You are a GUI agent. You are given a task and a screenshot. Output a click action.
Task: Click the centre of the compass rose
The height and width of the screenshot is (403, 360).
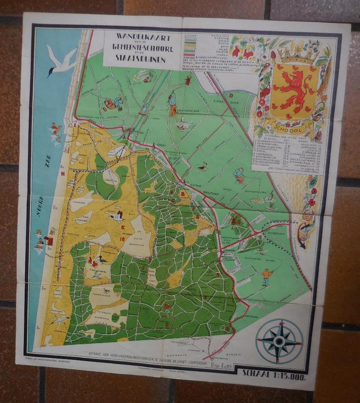pyautogui.click(x=279, y=341)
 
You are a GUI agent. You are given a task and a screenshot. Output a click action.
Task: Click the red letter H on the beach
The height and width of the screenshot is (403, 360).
pyautogui.click(x=63, y=174)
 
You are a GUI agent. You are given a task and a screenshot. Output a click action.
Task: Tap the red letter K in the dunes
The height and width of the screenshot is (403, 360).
pyautogui.click(x=122, y=227)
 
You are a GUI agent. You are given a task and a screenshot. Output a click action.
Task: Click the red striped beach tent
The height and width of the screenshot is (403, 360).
pyautogui.click(x=50, y=241)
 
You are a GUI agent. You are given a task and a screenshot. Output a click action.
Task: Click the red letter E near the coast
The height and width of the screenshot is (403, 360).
pyautogui.click(x=75, y=126)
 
